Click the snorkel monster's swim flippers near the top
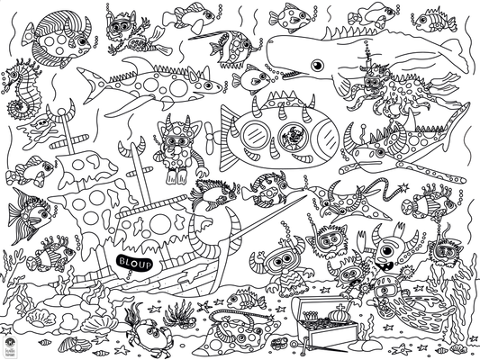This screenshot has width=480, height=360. (154, 37)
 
